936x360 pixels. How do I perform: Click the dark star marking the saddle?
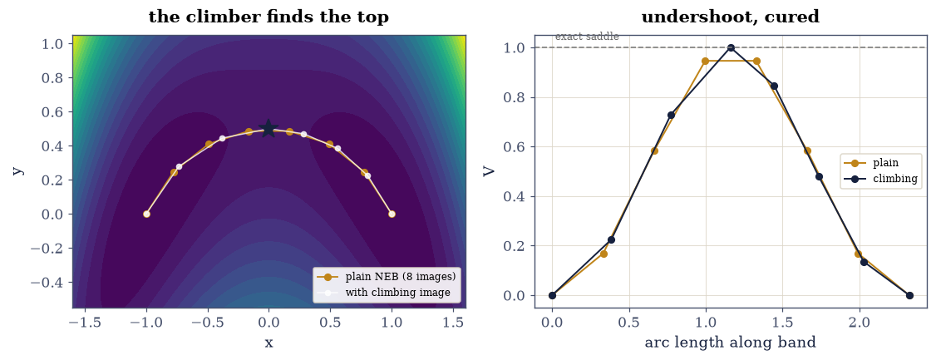[268, 128]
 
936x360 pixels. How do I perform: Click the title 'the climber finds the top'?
[268, 17]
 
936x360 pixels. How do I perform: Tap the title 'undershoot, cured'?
[730, 17]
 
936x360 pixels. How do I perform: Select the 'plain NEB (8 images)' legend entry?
[388, 276]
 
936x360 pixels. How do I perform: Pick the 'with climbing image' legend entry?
[388, 293]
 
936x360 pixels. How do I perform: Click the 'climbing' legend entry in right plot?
[880, 178]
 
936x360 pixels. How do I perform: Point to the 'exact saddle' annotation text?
[587, 37]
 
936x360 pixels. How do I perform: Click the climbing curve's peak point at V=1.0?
[731, 47]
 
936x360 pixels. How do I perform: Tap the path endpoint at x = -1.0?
[146, 214]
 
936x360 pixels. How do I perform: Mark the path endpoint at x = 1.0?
[392, 214]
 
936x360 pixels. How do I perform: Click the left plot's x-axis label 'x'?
[268, 343]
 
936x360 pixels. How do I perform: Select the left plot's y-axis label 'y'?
[19, 170]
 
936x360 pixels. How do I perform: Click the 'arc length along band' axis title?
[730, 343]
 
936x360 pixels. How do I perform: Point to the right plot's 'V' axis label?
[489, 170]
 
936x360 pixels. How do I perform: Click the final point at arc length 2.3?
[909, 295]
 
